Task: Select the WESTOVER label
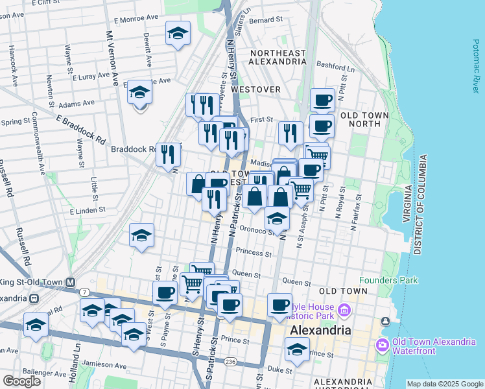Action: [255, 89]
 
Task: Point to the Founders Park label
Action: [388, 280]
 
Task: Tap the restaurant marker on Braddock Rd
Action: [168, 154]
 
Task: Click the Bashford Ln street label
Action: [337, 67]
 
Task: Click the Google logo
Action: [21, 381]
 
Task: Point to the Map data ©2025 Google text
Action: [444, 384]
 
